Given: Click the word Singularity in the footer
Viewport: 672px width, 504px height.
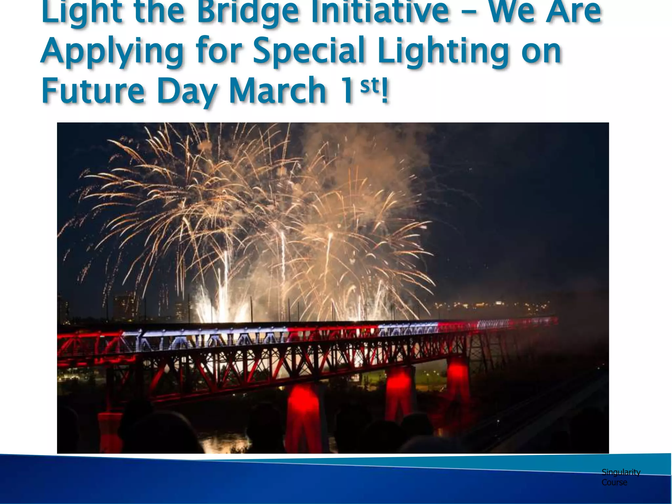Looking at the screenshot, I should tap(621, 472).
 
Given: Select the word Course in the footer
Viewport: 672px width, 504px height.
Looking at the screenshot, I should tap(614, 482).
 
